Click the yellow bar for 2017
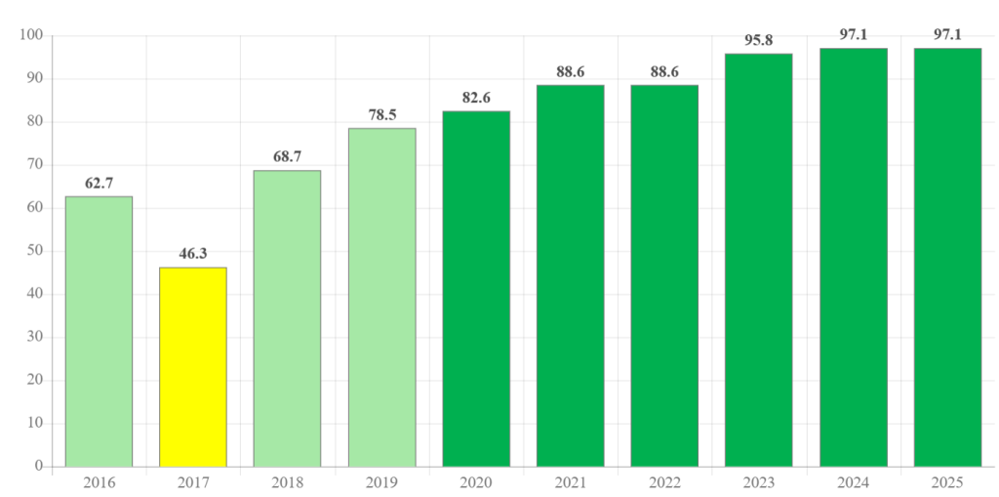pos(193,366)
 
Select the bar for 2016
pos(99,331)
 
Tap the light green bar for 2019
pos(381,297)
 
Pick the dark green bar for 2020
pos(476,288)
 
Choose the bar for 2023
pos(758,260)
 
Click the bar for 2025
pos(947,257)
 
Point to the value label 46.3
pos(193,254)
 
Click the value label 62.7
pos(99,183)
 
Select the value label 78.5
pos(381,114)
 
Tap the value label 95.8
pos(758,40)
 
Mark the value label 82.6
pos(476,97)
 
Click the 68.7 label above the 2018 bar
pos(287,156)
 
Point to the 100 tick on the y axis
pos(31,36)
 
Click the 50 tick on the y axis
pos(35,251)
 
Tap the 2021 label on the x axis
pos(570,482)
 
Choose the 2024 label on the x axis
pos(853,482)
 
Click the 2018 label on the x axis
pos(287,482)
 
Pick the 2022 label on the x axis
pos(664,482)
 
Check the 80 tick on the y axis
pos(35,122)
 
